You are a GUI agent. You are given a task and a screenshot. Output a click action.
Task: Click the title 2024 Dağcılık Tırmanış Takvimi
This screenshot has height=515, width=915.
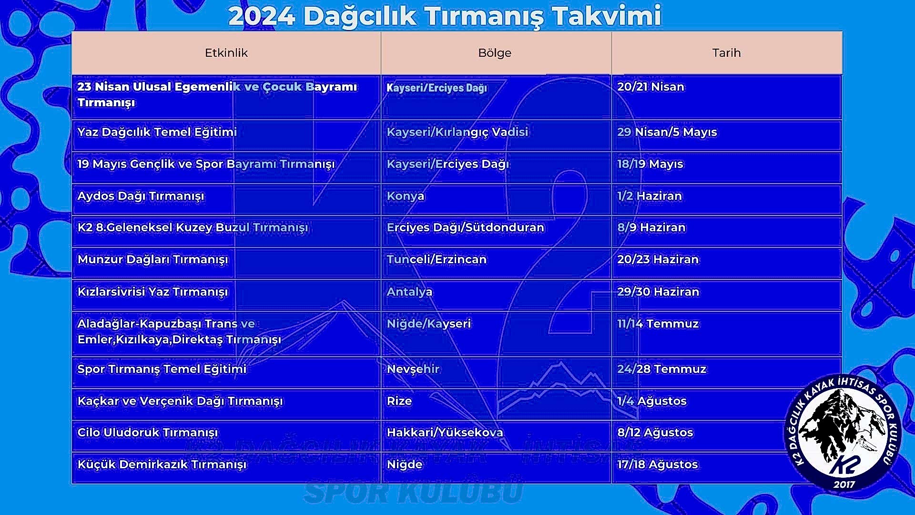445,16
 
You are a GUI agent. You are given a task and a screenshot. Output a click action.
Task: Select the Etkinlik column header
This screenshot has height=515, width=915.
226,53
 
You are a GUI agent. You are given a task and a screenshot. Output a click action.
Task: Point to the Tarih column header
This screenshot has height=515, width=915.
727,53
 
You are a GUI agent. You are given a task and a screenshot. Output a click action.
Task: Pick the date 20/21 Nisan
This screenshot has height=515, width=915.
651,87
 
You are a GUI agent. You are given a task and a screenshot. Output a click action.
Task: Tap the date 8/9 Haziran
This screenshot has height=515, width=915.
651,227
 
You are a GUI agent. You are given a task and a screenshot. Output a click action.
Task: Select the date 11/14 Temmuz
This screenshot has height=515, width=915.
658,324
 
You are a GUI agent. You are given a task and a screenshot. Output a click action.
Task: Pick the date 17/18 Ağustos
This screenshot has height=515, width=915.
658,464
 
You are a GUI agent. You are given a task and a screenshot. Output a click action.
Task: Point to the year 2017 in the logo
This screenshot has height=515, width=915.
844,484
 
